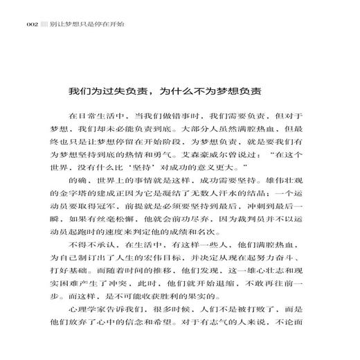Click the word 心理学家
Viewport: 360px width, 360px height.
(84, 327)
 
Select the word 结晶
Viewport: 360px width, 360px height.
(267, 191)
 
